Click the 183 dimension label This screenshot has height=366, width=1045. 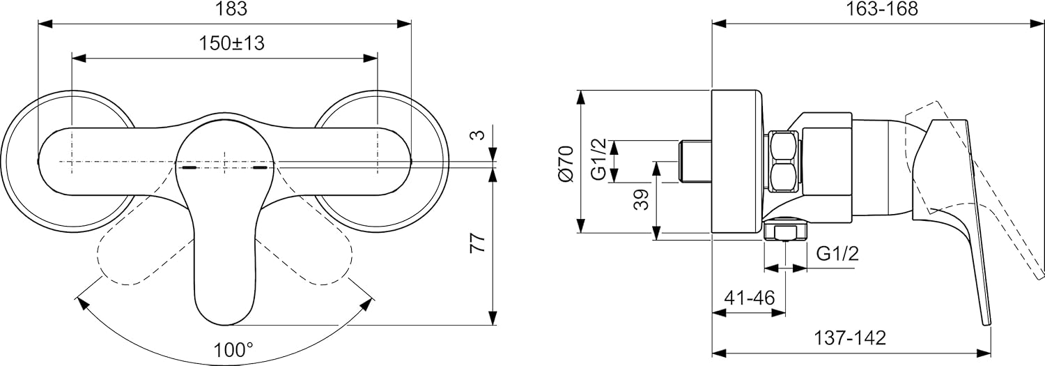click(x=231, y=9)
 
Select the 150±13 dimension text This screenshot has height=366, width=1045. click(x=232, y=43)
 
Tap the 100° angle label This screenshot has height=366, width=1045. click(x=233, y=349)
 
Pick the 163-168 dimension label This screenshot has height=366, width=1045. click(x=882, y=9)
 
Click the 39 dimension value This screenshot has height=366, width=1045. click(x=642, y=200)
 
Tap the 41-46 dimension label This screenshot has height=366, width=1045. click(x=750, y=298)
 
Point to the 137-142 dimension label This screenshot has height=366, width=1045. click(x=850, y=337)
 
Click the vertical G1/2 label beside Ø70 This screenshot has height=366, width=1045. click(x=598, y=159)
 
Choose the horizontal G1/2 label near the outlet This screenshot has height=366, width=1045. click(x=838, y=254)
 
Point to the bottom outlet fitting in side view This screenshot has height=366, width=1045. click(x=786, y=231)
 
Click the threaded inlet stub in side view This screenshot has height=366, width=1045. click(x=695, y=160)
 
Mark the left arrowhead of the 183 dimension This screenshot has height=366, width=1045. click(x=44, y=24)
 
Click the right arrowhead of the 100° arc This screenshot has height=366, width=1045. click(x=366, y=303)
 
